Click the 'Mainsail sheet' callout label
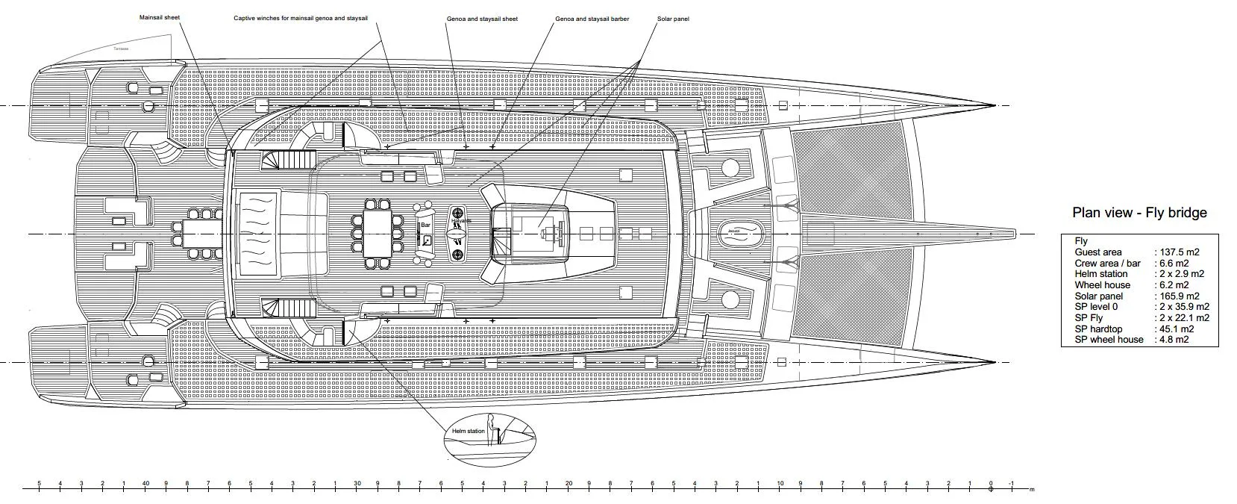(x=160, y=17)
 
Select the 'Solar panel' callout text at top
(x=673, y=19)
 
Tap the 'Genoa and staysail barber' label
(x=592, y=19)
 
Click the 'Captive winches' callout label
(x=299, y=18)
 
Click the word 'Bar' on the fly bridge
(x=426, y=224)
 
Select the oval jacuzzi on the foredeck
(x=736, y=232)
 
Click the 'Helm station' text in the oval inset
(x=468, y=432)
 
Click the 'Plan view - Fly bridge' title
(x=1139, y=213)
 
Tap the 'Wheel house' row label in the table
(x=1102, y=285)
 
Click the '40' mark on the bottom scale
(x=145, y=483)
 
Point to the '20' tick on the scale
(x=569, y=483)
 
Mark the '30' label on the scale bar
(x=357, y=483)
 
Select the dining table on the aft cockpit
(x=199, y=234)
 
